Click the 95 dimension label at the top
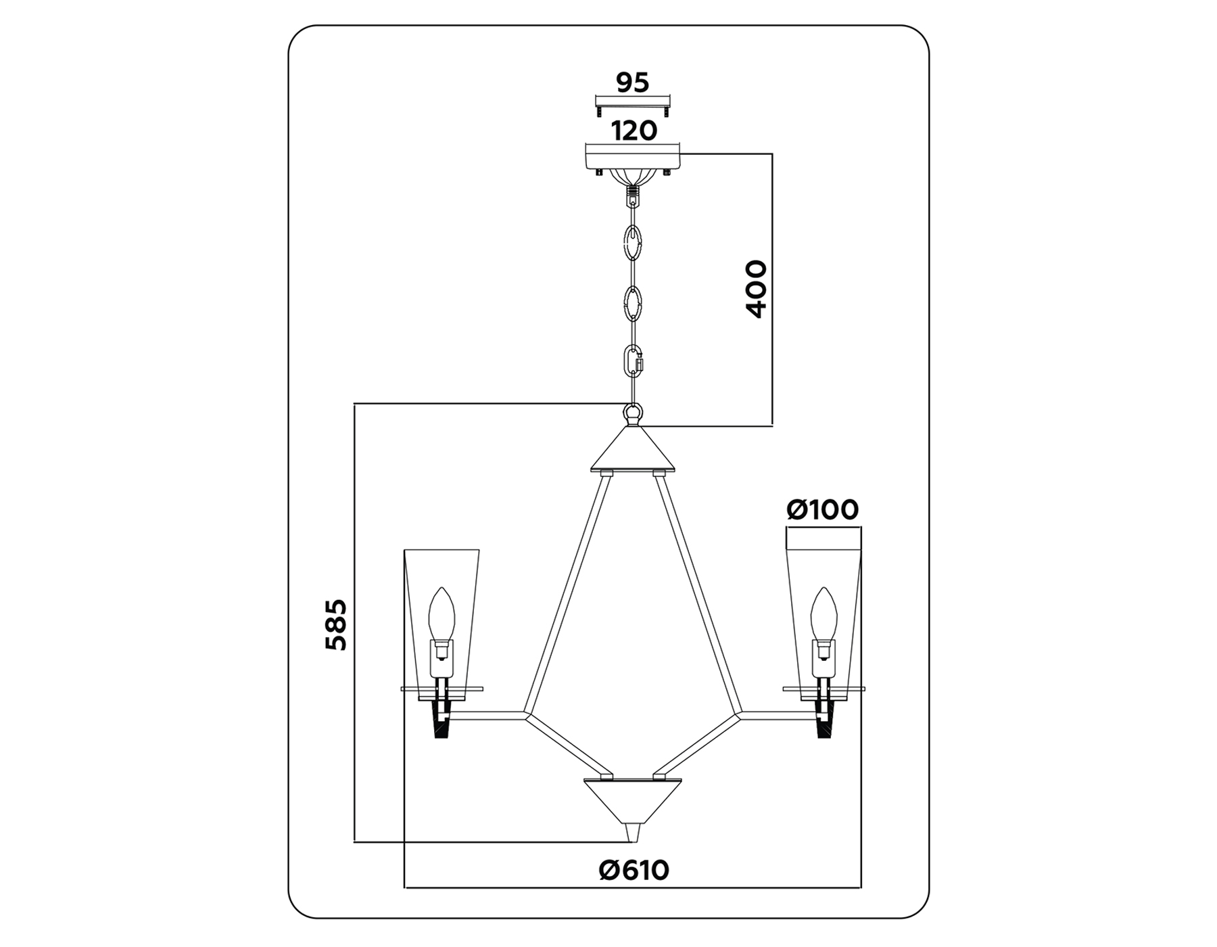click(x=632, y=83)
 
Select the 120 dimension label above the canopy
click(x=634, y=131)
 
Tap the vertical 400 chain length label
click(x=757, y=289)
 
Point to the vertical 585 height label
click(x=336, y=624)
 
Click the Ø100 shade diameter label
click(x=823, y=509)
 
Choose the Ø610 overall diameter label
click(x=634, y=870)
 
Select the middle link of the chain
click(x=634, y=304)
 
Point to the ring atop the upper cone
click(x=633, y=411)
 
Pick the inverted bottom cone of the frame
click(x=633, y=802)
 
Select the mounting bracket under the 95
click(x=633, y=106)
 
